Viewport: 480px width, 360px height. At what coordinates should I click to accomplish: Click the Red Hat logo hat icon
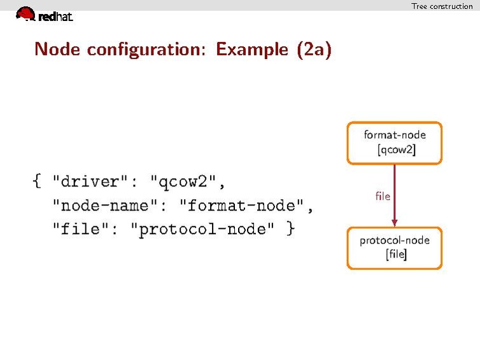(25, 13)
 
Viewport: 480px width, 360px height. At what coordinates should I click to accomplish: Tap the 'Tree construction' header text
(442, 6)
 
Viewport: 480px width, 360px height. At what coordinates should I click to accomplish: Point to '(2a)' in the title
(314, 50)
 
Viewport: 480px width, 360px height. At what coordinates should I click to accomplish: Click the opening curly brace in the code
(37, 182)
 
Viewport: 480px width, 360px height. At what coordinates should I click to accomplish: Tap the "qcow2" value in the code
(187, 182)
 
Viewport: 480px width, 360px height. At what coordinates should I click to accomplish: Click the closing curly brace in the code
(290, 228)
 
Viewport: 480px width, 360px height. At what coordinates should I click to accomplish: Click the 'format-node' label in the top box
(395, 135)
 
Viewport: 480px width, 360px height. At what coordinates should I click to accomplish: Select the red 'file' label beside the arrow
(383, 197)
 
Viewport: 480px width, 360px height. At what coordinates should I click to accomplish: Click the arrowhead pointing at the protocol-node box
(395, 222)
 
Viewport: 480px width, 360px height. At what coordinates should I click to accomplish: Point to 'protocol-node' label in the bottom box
(395, 240)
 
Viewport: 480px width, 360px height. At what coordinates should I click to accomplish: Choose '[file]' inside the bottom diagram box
(396, 256)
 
